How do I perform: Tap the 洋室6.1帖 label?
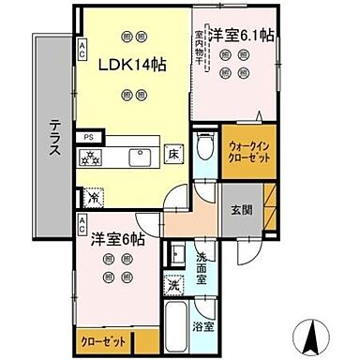[x=241, y=35]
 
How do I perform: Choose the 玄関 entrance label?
[x=242, y=210]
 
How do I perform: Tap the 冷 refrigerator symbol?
[x=93, y=198]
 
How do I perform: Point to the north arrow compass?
[x=313, y=332]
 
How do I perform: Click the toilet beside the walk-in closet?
[x=205, y=147]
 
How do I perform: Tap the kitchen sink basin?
[x=142, y=156]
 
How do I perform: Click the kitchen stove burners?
[x=94, y=158]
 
